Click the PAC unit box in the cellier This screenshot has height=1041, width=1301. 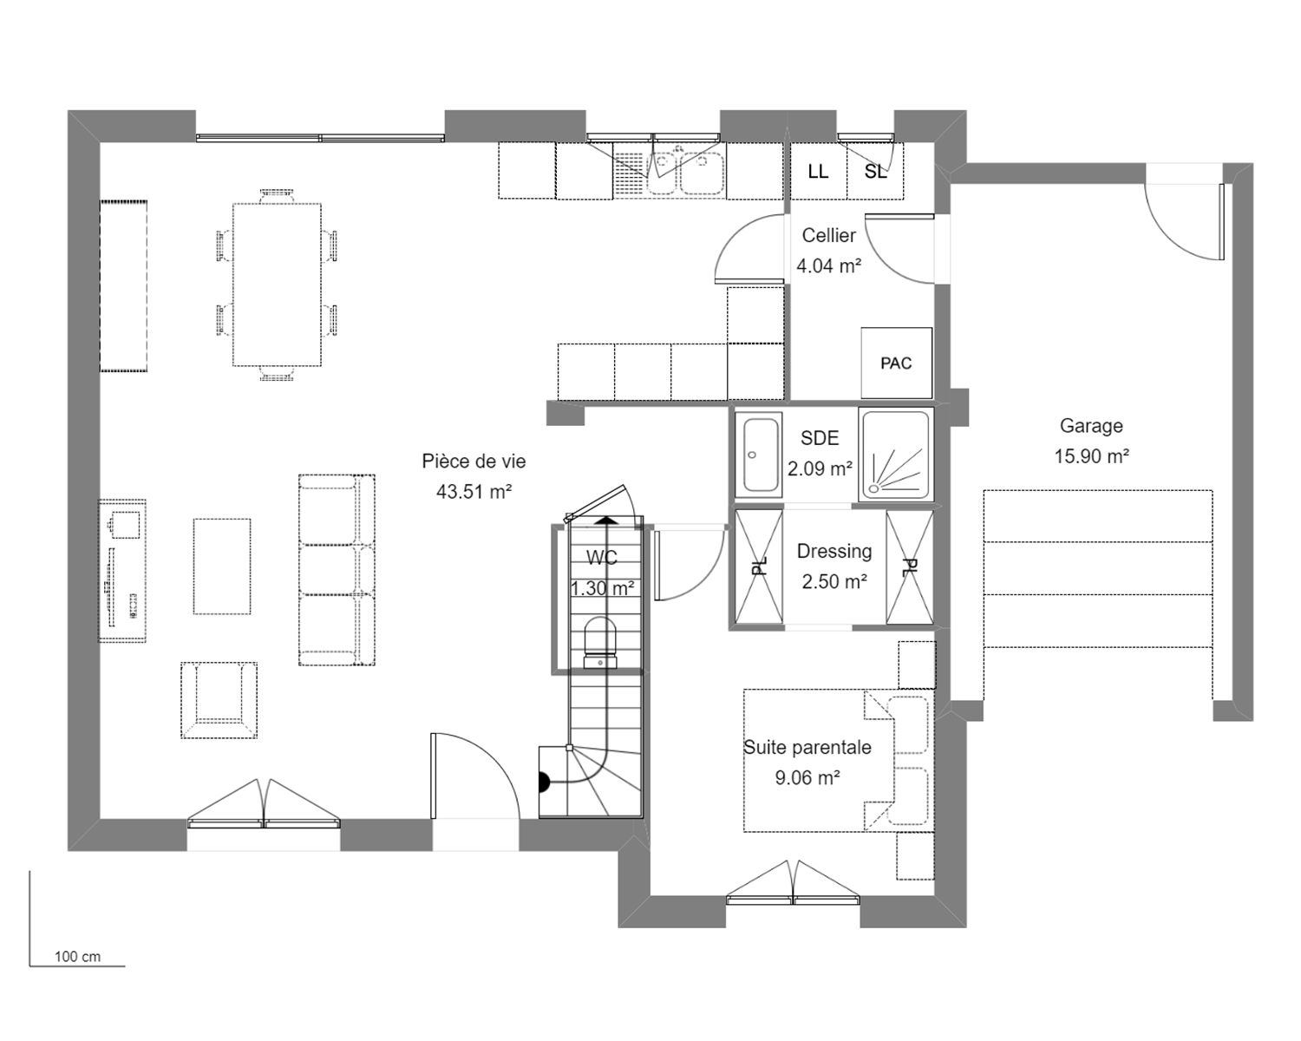point(896,363)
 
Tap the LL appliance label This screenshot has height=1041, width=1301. point(818,171)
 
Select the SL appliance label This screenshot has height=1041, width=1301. point(875,172)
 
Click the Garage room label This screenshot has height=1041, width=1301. point(1091,426)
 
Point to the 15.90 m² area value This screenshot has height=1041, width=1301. point(1092,456)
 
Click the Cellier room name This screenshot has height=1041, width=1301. point(829,235)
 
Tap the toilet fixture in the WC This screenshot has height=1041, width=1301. point(599,642)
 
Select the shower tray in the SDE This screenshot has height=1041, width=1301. point(896,455)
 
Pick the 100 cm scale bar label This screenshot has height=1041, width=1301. point(77,956)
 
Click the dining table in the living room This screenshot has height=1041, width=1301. point(277,285)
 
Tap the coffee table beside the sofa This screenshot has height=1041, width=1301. point(222,566)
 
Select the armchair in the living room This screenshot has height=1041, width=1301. point(219,700)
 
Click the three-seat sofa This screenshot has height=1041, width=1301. point(337,570)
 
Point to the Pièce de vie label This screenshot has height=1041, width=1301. point(474,461)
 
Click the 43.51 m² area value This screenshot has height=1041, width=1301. point(474,492)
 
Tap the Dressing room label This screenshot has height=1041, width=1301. point(834,552)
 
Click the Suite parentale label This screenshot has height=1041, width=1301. point(807,747)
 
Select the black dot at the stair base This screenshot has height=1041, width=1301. point(544,782)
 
